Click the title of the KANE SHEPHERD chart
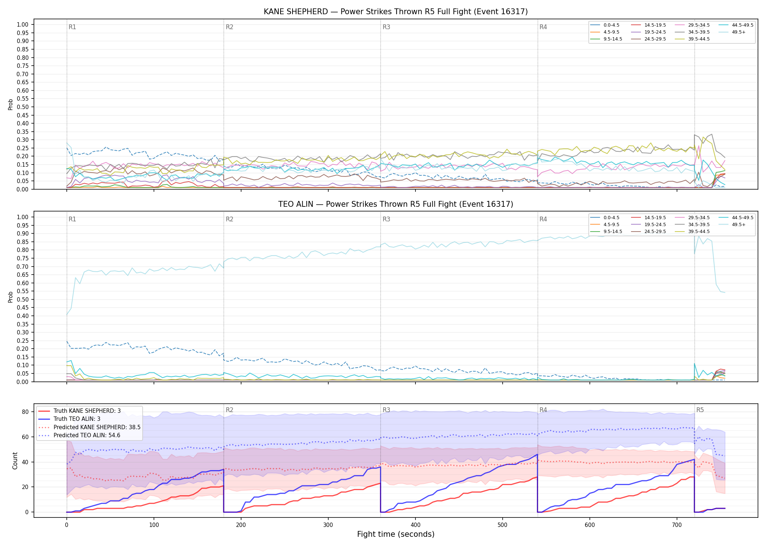pyautogui.click(x=396, y=12)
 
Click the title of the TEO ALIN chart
pyautogui.click(x=396, y=204)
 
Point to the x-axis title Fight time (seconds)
pyautogui.click(x=396, y=534)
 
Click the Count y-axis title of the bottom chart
pyautogui.click(x=15, y=461)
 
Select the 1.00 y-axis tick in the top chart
pyautogui.click(x=23, y=25)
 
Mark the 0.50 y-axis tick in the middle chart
pyautogui.click(x=23, y=299)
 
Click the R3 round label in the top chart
pyautogui.click(x=386, y=27)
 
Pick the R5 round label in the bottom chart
pyautogui.click(x=700, y=410)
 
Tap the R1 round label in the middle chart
pyautogui.click(x=72, y=219)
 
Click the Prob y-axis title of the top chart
pyautogui.click(x=11, y=105)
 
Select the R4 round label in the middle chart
pyautogui.click(x=543, y=219)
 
